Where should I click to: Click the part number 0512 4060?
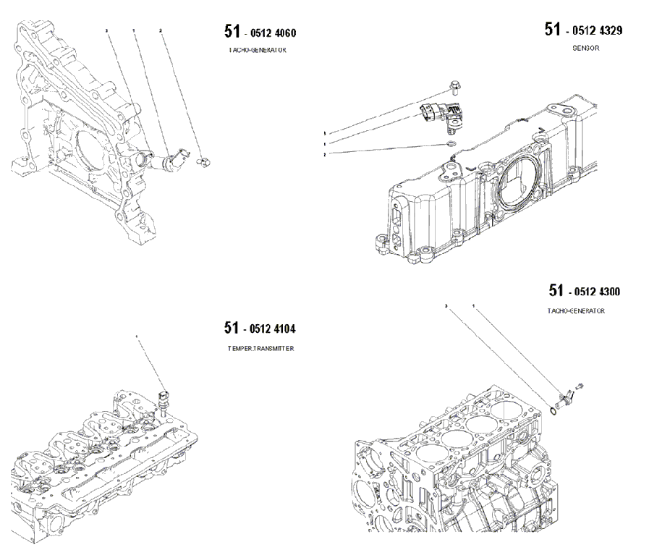point(271,33)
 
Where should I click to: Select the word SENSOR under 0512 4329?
point(586,48)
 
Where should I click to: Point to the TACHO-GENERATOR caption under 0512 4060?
point(258,51)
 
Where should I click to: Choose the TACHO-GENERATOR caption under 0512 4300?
point(576,311)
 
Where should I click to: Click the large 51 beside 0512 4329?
point(553,29)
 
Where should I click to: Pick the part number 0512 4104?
point(270,329)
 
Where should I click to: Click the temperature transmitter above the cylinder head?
point(164,397)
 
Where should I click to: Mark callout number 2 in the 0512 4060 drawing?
point(161,31)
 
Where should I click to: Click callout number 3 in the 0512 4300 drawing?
point(446,307)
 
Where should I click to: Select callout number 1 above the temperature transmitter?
point(137,337)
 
